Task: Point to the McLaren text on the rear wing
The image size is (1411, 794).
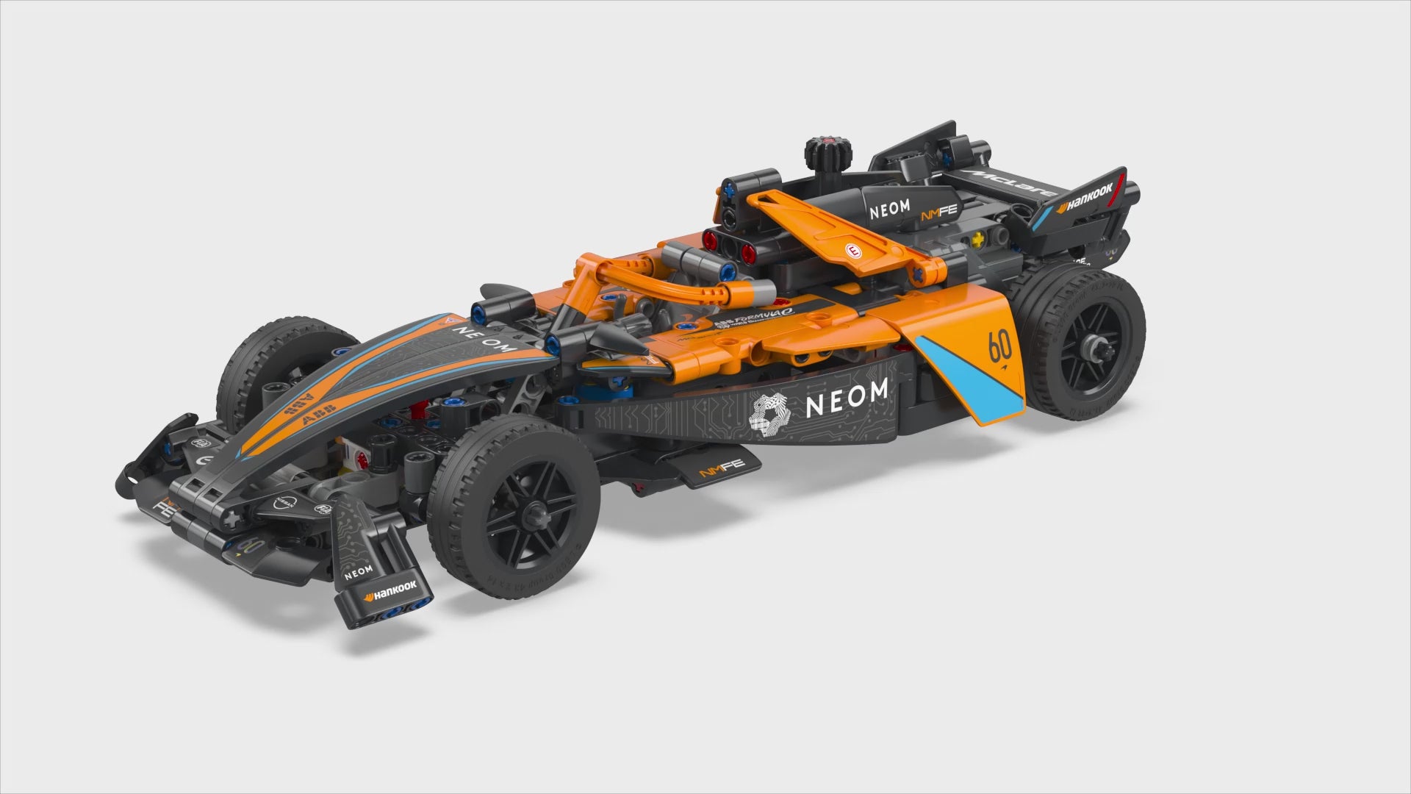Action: click(1004, 181)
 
